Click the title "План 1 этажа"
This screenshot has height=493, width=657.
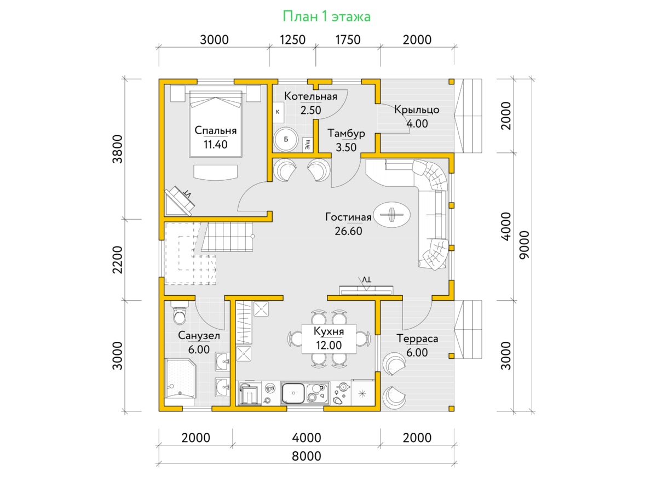coord(326,16)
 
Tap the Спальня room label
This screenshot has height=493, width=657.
coord(216,130)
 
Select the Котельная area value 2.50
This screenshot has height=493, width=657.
coord(310,111)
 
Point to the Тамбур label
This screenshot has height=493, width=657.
coord(346,133)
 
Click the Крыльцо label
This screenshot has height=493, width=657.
coord(417,110)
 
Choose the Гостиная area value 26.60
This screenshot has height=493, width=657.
coord(348,231)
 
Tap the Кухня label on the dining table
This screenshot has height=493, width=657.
coord(328,331)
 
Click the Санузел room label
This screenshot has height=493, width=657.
coord(199,336)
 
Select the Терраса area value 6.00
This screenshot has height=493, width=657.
coord(417,353)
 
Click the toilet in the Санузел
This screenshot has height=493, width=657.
coord(179,313)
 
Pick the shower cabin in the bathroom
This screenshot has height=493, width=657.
coord(181,379)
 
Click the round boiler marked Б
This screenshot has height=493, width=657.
coord(286,139)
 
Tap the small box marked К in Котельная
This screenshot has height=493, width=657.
coord(278,112)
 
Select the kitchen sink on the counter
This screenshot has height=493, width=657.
coord(293,393)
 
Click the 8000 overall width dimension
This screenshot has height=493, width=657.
coord(306,456)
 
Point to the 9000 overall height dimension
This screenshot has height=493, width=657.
coord(525,245)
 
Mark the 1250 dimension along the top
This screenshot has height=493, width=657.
coord(292,40)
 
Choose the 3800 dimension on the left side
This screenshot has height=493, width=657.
coord(117,149)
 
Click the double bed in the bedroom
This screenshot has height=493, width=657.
coord(216,124)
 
